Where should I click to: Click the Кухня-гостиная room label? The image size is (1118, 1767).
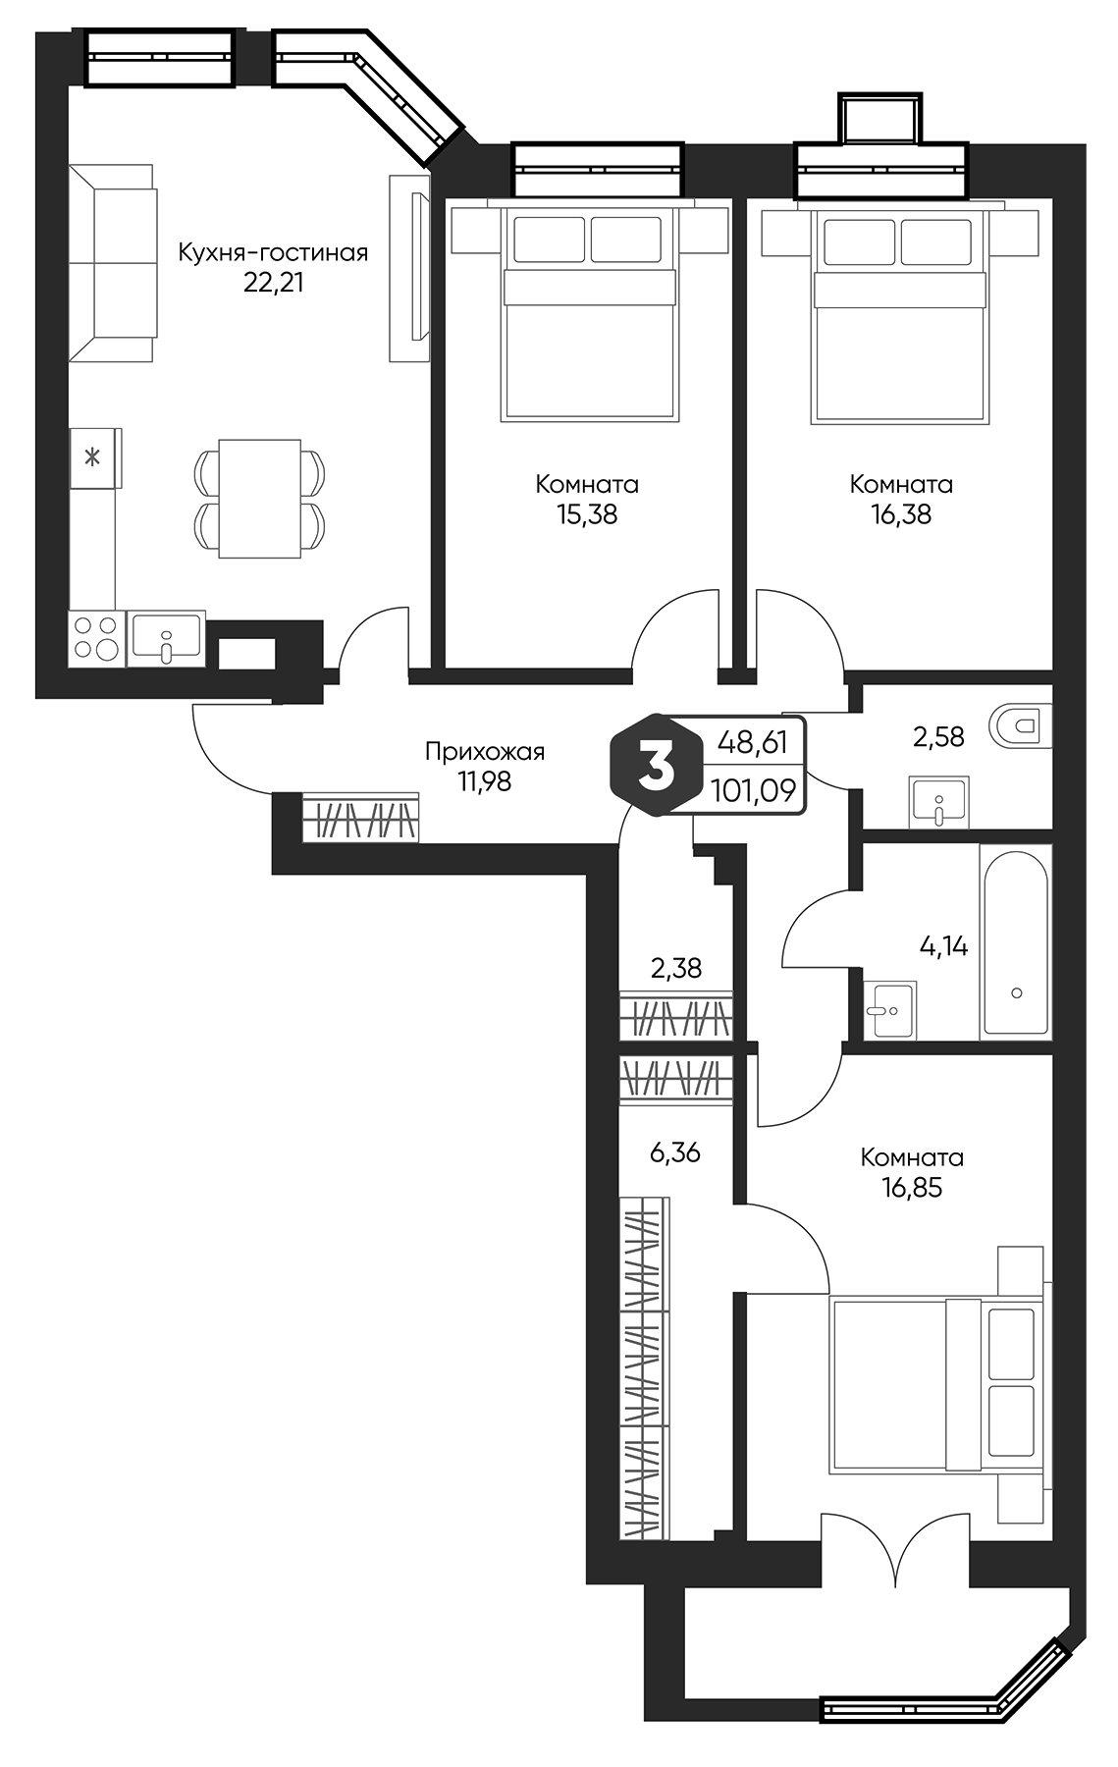coord(273,252)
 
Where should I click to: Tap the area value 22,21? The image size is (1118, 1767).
coord(273,283)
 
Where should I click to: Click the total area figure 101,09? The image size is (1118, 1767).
coord(753,790)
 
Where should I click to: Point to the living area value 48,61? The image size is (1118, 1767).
coord(753,742)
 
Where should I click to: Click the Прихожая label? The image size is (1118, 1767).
coord(484,752)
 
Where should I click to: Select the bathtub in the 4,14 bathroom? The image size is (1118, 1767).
coord(1016,941)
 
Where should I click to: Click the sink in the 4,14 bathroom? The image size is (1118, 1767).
coord(891,1009)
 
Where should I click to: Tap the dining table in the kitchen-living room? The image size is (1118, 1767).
coord(259,498)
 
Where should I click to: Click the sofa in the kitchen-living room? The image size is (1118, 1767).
coord(112,263)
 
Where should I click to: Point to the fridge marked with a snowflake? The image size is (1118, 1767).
coord(93,456)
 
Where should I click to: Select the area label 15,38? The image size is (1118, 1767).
coord(587,513)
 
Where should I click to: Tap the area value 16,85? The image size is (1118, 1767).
coord(911,1187)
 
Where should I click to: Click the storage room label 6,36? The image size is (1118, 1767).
coord(674,1151)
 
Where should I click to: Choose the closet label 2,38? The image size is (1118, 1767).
coord(676,968)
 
